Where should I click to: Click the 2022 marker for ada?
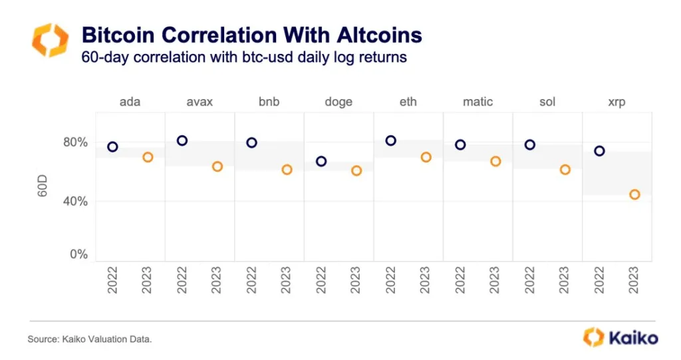pyautogui.click(x=112, y=147)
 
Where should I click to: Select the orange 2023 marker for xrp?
pyautogui.click(x=634, y=195)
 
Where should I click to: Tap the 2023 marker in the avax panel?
pyautogui.click(x=217, y=167)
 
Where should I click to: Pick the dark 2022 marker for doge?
pyautogui.click(x=321, y=161)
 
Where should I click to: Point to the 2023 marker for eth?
pyautogui.click(x=426, y=158)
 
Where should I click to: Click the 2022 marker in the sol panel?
pyautogui.click(x=530, y=145)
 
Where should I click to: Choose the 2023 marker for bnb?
pyautogui.click(x=287, y=170)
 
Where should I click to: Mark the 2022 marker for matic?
pyautogui.click(x=460, y=145)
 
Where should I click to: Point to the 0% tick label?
pyautogui.click(x=78, y=254)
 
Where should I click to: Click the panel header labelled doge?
pyautogui.click(x=339, y=102)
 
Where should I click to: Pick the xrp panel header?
pyautogui.click(x=616, y=102)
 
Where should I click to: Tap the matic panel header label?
pyautogui.click(x=477, y=102)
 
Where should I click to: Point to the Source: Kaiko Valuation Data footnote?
pyautogui.click(x=90, y=339)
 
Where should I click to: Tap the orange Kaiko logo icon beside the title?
pyautogui.click(x=50, y=40)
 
